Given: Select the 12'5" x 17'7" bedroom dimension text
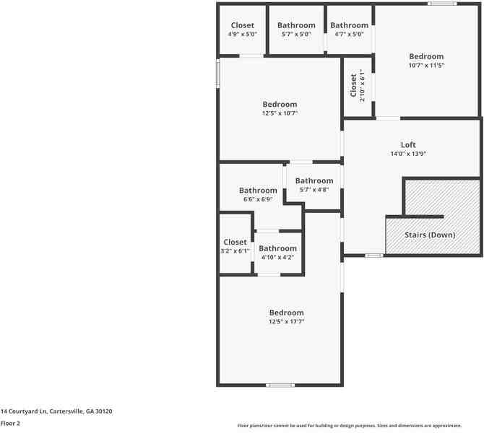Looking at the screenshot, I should tap(286, 322).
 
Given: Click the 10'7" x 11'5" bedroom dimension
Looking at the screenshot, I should tap(426, 65).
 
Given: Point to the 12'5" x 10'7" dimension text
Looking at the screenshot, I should tap(280, 113).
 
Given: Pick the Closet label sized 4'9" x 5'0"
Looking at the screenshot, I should tap(243, 25).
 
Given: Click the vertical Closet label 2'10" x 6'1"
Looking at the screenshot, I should tap(353, 85).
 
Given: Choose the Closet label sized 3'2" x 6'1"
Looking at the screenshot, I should tap(235, 242).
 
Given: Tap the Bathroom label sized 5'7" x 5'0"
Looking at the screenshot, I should tap(296, 25).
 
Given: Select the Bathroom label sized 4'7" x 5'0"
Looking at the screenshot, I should tap(350, 25).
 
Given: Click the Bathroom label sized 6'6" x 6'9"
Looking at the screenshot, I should tap(258, 191).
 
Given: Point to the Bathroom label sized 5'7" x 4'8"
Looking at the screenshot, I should tap(314, 180).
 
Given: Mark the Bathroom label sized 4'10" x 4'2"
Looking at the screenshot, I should tap(277, 248).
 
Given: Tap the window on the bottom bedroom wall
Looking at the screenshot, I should tap(280, 385).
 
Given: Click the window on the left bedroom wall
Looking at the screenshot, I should tap(218, 74).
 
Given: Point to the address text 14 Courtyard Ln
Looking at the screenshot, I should tap(56, 410).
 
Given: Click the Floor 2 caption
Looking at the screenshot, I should tap(10, 424).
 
